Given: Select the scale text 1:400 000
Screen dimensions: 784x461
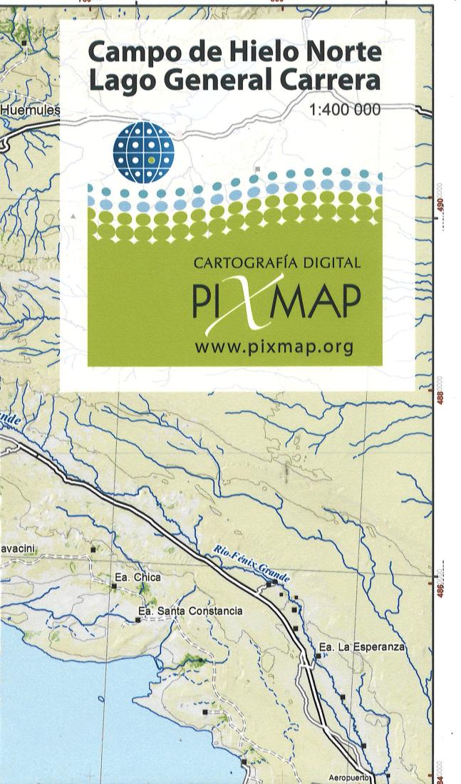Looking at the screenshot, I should coord(345,110).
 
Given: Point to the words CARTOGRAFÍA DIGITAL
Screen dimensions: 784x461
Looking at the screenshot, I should coord(276,263).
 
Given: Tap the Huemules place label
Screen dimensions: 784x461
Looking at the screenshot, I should coord(30,111).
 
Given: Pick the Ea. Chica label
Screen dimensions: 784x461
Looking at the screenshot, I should coord(138,577).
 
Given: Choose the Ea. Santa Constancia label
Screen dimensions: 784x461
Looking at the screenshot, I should coord(190,612).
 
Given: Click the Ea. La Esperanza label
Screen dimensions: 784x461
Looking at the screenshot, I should coord(362,647).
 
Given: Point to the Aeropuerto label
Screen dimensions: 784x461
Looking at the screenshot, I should coord(350,777).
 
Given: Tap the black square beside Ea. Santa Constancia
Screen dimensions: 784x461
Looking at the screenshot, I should coord(138,620).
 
